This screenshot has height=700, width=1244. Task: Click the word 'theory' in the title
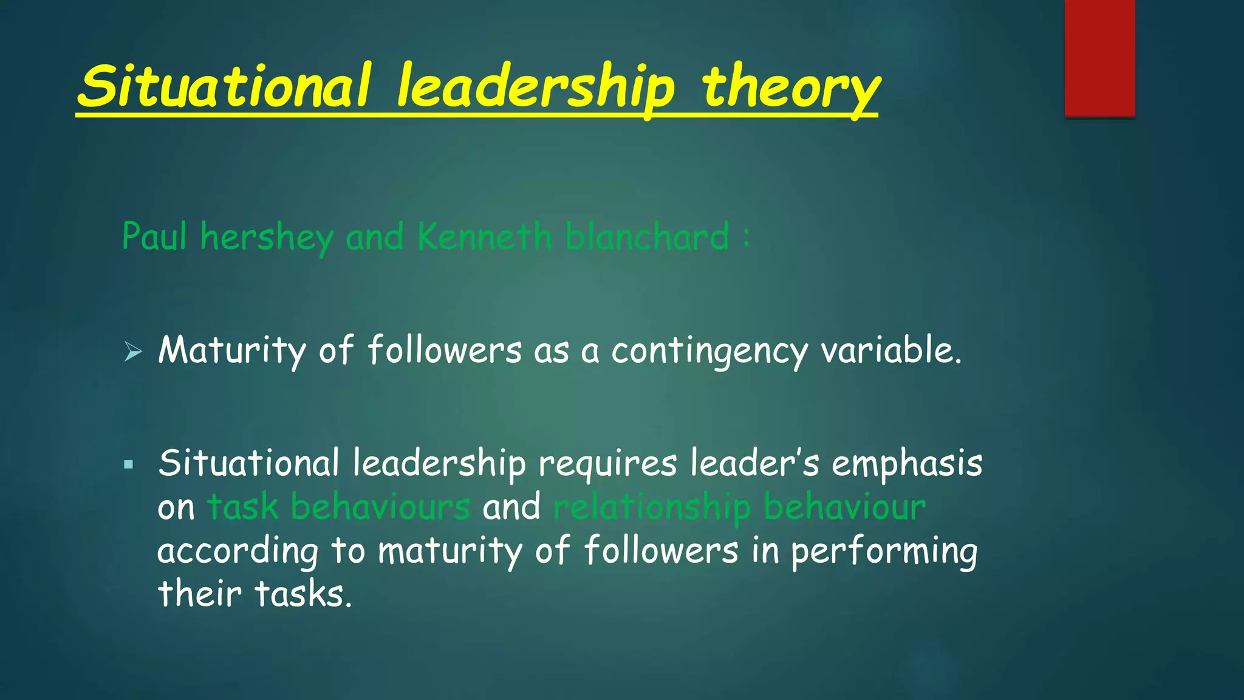tap(790, 88)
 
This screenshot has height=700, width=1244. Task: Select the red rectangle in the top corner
tap(1099, 58)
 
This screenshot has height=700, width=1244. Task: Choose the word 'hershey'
tap(267, 237)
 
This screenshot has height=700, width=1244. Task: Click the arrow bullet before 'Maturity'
tap(132, 351)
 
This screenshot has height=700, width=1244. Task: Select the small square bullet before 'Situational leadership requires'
tap(128, 465)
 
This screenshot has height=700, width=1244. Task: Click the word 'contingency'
tap(709, 351)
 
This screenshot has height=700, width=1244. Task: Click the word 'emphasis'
tap(907, 464)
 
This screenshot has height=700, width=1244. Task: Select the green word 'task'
tap(243, 507)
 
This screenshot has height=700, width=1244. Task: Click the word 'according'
tap(238, 552)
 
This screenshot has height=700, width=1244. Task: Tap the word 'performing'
tap(884, 552)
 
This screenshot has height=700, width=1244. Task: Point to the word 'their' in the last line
tap(199, 594)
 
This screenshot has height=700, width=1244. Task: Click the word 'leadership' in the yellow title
tap(535, 88)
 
